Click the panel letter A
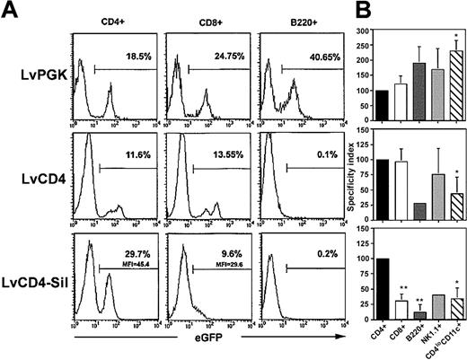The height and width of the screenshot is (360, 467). pos(10,10)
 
